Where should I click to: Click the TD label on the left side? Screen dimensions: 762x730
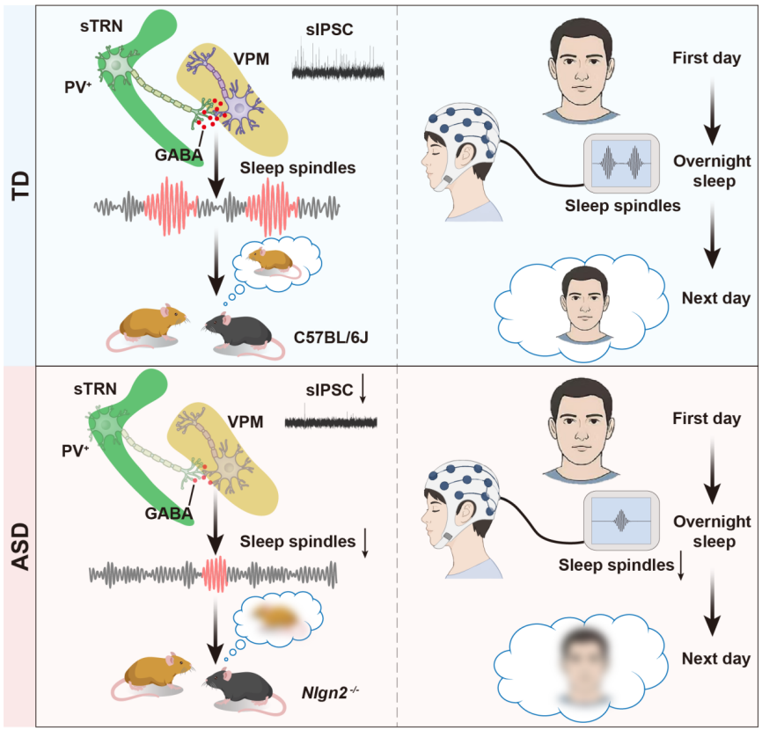pyautogui.click(x=21, y=186)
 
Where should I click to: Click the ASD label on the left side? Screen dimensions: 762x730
pyautogui.click(x=21, y=546)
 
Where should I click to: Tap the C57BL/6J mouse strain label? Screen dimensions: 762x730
pyautogui.click(x=331, y=337)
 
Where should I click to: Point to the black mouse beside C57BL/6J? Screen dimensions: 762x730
pyautogui.click(x=240, y=335)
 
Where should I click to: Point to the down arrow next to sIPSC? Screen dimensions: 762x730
pyautogui.click(x=363, y=391)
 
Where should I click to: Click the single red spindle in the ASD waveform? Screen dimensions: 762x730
pyautogui.click(x=215, y=573)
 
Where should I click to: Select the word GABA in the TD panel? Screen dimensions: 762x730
pyautogui.click(x=179, y=155)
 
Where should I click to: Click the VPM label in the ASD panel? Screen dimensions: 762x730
pyautogui.click(x=245, y=421)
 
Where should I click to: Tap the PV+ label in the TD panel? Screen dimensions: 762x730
pyautogui.click(x=78, y=86)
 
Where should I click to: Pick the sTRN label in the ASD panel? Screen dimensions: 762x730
pyautogui.click(x=95, y=389)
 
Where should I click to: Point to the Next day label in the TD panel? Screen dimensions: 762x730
pyautogui.click(x=716, y=298)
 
